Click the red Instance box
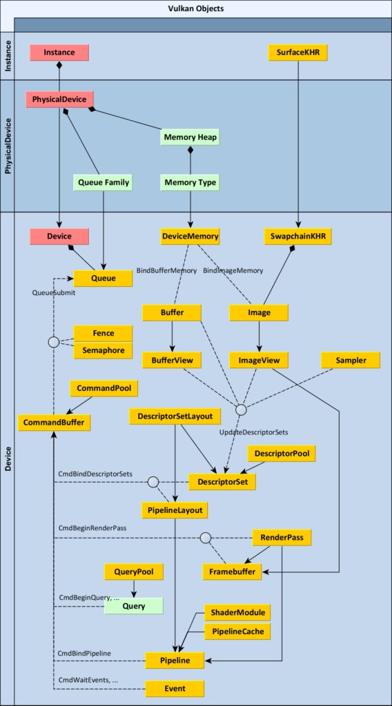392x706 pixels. tap(59, 52)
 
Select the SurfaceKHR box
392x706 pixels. tap(297, 52)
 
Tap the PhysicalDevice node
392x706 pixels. tap(59, 99)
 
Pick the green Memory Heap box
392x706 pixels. tap(190, 137)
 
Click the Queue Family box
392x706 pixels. tap(103, 183)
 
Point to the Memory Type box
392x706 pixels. tap(190, 183)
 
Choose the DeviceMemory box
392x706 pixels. tap(190, 236)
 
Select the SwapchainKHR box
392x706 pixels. tap(297, 236)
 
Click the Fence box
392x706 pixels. tap(103, 333)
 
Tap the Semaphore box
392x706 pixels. tap(103, 350)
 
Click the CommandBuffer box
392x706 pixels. tap(54, 423)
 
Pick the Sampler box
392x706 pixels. tap(351, 360)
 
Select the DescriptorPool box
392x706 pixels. tap(282, 453)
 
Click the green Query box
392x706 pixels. tap(133, 606)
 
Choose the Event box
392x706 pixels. tap(175, 688)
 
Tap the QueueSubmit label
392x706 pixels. tap(54, 292)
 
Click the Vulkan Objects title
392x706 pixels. tap(196, 8)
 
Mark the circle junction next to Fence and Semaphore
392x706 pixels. tap(54, 342)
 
